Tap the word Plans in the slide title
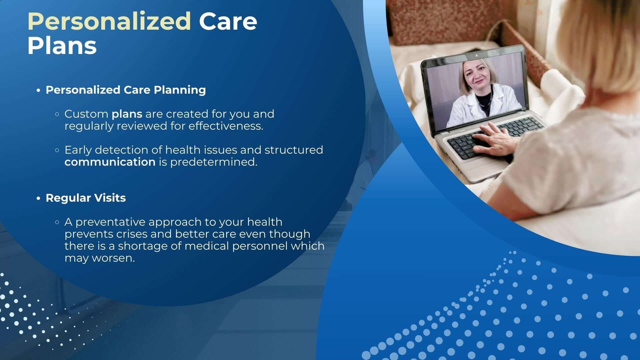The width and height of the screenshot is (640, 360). [x=62, y=46]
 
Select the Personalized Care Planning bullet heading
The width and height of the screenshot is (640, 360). [x=126, y=90]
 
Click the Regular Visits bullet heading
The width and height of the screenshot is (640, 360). [x=86, y=198]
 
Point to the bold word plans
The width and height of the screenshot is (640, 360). [x=127, y=114]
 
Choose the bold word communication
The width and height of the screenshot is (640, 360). [x=110, y=162]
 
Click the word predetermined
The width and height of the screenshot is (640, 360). [x=214, y=162]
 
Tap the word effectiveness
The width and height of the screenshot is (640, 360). [x=226, y=126]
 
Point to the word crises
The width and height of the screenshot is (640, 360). [x=132, y=234]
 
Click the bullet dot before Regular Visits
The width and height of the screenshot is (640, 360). [x=38, y=198]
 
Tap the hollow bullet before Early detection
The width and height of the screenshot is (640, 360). [x=57, y=150]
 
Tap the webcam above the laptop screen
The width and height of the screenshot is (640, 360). [x=477, y=55]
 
